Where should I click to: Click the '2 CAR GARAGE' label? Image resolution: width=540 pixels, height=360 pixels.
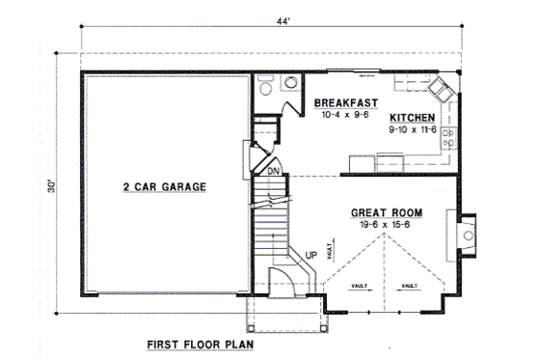click(163, 186)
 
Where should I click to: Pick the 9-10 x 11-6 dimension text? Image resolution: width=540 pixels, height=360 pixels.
click(413, 126)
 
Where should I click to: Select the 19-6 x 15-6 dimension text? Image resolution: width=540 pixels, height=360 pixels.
click(383, 225)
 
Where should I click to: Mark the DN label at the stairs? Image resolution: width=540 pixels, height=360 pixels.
click(273, 172)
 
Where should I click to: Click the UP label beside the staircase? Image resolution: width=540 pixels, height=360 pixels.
click(311, 255)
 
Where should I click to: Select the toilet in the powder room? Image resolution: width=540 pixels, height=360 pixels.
click(267, 84)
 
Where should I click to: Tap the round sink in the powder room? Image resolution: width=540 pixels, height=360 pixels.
click(288, 84)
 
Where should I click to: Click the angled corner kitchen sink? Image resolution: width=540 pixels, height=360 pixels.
click(439, 91)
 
